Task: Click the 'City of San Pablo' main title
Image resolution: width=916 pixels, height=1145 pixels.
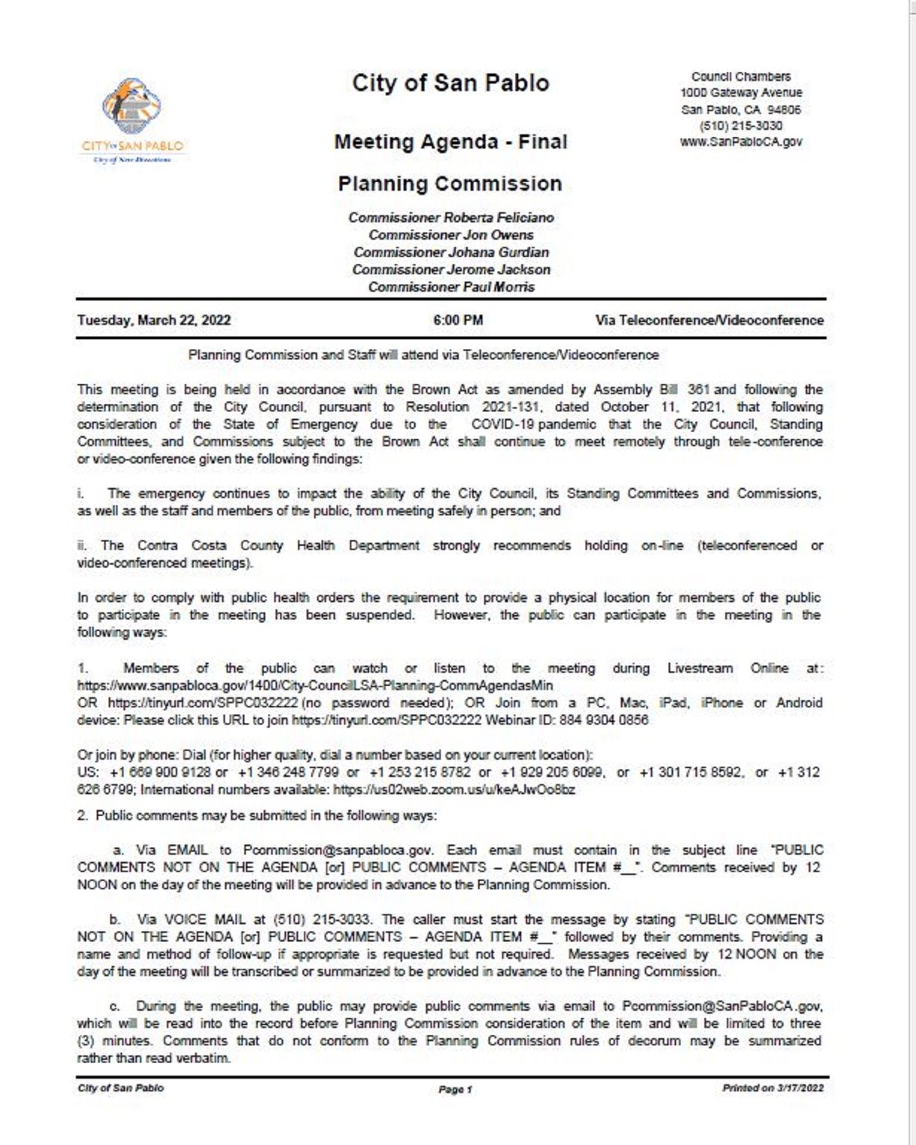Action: [x=450, y=83]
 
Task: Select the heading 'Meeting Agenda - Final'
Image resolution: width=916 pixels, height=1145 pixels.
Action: [x=450, y=142]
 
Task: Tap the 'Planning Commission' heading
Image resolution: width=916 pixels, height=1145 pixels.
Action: [x=450, y=184]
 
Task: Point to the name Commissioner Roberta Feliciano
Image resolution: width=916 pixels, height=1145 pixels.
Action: [x=451, y=218]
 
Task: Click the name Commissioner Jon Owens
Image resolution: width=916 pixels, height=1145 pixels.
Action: [x=451, y=235]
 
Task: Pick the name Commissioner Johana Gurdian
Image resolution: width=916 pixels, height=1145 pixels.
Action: [x=451, y=252]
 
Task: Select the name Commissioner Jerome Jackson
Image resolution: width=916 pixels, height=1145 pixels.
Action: [x=451, y=270]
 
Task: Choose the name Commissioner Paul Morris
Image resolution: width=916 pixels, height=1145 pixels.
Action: [x=451, y=287]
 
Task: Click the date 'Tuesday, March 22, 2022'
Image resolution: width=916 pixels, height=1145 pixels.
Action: [x=154, y=320]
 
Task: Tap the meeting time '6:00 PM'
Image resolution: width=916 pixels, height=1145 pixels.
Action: [x=458, y=320]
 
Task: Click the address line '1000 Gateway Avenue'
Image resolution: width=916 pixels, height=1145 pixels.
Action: [x=741, y=93]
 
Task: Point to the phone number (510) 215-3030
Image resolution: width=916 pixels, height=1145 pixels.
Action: [x=741, y=126]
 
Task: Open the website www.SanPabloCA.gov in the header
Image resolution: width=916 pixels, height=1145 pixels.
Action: [x=741, y=142]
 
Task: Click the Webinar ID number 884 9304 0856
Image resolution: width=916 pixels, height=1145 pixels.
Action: [x=604, y=720]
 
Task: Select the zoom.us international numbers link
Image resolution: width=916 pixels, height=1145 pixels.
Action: [x=454, y=790]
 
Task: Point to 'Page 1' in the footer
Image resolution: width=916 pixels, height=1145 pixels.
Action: [x=455, y=1090]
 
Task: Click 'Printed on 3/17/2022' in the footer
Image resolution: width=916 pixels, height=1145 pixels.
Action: [x=773, y=1088]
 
